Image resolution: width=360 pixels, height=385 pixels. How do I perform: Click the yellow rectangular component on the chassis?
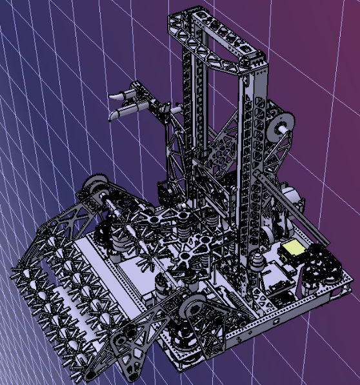[x=293, y=248]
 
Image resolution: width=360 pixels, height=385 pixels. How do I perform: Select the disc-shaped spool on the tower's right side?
[x=283, y=126]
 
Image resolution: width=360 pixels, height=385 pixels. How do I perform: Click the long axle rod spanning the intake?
[x=129, y=213]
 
